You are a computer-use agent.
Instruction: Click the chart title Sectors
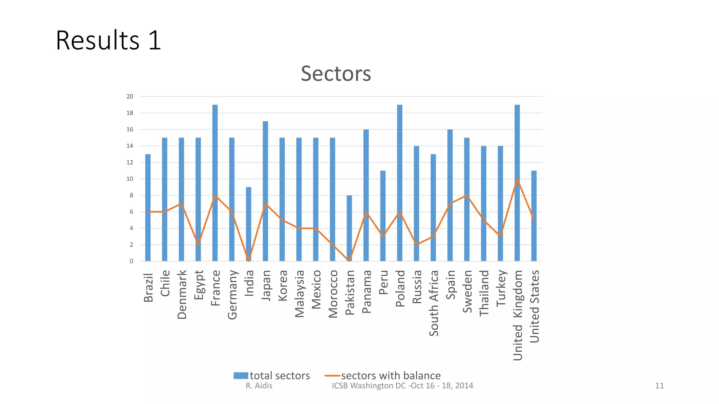336,74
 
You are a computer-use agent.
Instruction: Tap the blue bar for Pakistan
349,228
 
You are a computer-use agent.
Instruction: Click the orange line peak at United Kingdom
517,179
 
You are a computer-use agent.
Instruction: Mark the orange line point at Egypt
198,244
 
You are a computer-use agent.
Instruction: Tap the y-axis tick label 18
130,113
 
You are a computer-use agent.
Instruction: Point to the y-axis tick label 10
130,179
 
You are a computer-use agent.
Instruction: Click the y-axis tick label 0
131,261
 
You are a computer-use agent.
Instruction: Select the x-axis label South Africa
434,303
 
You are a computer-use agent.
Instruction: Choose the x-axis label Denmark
182,294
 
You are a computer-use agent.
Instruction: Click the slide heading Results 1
108,40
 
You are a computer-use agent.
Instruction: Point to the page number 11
659,386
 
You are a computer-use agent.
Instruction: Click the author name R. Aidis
259,386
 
